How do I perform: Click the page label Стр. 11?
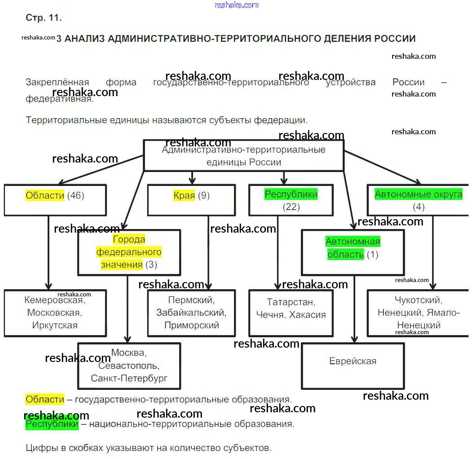(44, 18)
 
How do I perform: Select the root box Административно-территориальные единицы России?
(243, 155)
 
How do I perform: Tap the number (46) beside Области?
(75, 195)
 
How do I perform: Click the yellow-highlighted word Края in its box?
(184, 195)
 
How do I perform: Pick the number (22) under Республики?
(291, 207)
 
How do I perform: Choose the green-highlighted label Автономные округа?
(418, 194)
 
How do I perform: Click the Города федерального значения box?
(129, 252)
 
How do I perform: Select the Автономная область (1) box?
(353, 252)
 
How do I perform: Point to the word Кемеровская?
(54, 300)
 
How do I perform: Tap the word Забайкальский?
(191, 313)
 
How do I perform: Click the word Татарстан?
(291, 302)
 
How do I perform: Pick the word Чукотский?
(418, 300)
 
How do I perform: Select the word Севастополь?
(129, 366)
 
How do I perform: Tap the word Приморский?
(191, 325)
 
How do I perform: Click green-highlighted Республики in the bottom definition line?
(52, 424)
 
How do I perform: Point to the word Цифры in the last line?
(40, 448)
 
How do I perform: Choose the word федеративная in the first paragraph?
(59, 98)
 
